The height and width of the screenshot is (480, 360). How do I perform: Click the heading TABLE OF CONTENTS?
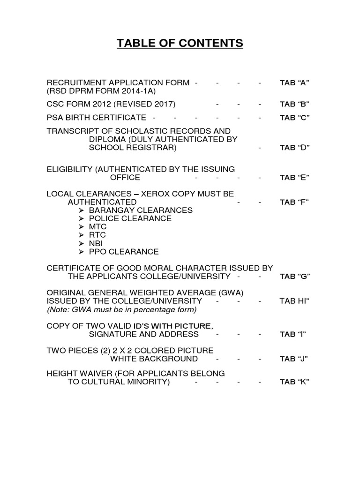(x=180, y=44)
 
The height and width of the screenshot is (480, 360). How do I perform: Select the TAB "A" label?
(x=294, y=83)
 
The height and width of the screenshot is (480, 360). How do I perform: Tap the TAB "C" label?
(x=294, y=117)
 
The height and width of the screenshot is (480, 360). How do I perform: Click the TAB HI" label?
(x=295, y=301)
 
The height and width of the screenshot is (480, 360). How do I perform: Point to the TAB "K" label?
(x=294, y=382)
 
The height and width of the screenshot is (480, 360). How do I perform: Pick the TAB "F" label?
(x=294, y=202)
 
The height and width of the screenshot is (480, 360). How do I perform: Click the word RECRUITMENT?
(x=77, y=83)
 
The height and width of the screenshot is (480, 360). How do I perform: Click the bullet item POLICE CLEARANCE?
(x=130, y=218)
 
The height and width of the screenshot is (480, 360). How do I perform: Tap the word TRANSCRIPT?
(x=74, y=131)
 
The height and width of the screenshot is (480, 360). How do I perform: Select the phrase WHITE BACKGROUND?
(x=154, y=359)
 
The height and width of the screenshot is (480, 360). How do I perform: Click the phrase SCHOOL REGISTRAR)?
(x=133, y=148)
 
